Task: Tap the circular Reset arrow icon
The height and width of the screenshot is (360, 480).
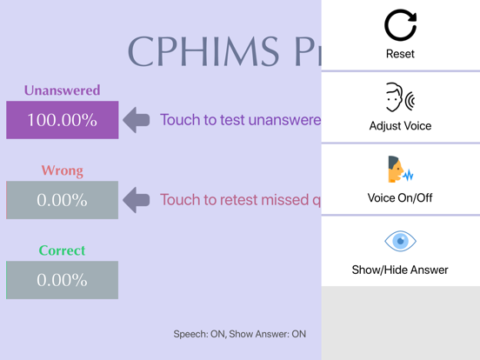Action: point(400,25)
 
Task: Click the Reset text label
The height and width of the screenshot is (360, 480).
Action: point(400,54)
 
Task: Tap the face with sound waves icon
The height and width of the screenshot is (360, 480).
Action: point(400,98)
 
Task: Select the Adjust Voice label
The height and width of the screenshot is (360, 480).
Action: point(400,126)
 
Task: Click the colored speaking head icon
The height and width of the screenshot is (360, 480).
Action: point(399,170)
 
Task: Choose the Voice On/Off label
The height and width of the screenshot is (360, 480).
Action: point(400,198)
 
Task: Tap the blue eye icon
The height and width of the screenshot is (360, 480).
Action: point(400,241)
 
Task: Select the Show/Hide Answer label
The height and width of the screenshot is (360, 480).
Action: point(400,270)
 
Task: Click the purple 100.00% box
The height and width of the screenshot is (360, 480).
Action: point(62,120)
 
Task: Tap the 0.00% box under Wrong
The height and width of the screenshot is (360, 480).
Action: point(62,200)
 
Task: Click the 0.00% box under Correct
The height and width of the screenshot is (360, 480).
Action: point(62,280)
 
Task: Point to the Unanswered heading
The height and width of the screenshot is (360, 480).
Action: point(62,90)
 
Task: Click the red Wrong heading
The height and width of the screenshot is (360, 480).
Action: point(62,170)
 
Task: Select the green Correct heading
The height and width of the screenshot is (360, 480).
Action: point(62,250)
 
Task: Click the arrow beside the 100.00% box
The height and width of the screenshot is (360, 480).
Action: point(136,120)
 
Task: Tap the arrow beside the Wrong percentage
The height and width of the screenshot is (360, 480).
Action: point(136,200)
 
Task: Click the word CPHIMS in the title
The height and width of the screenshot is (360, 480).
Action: point(205,52)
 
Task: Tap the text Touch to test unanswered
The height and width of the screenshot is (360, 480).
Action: point(240,120)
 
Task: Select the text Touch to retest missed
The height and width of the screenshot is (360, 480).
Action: point(240,200)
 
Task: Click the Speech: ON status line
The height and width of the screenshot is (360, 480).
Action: point(240,333)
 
